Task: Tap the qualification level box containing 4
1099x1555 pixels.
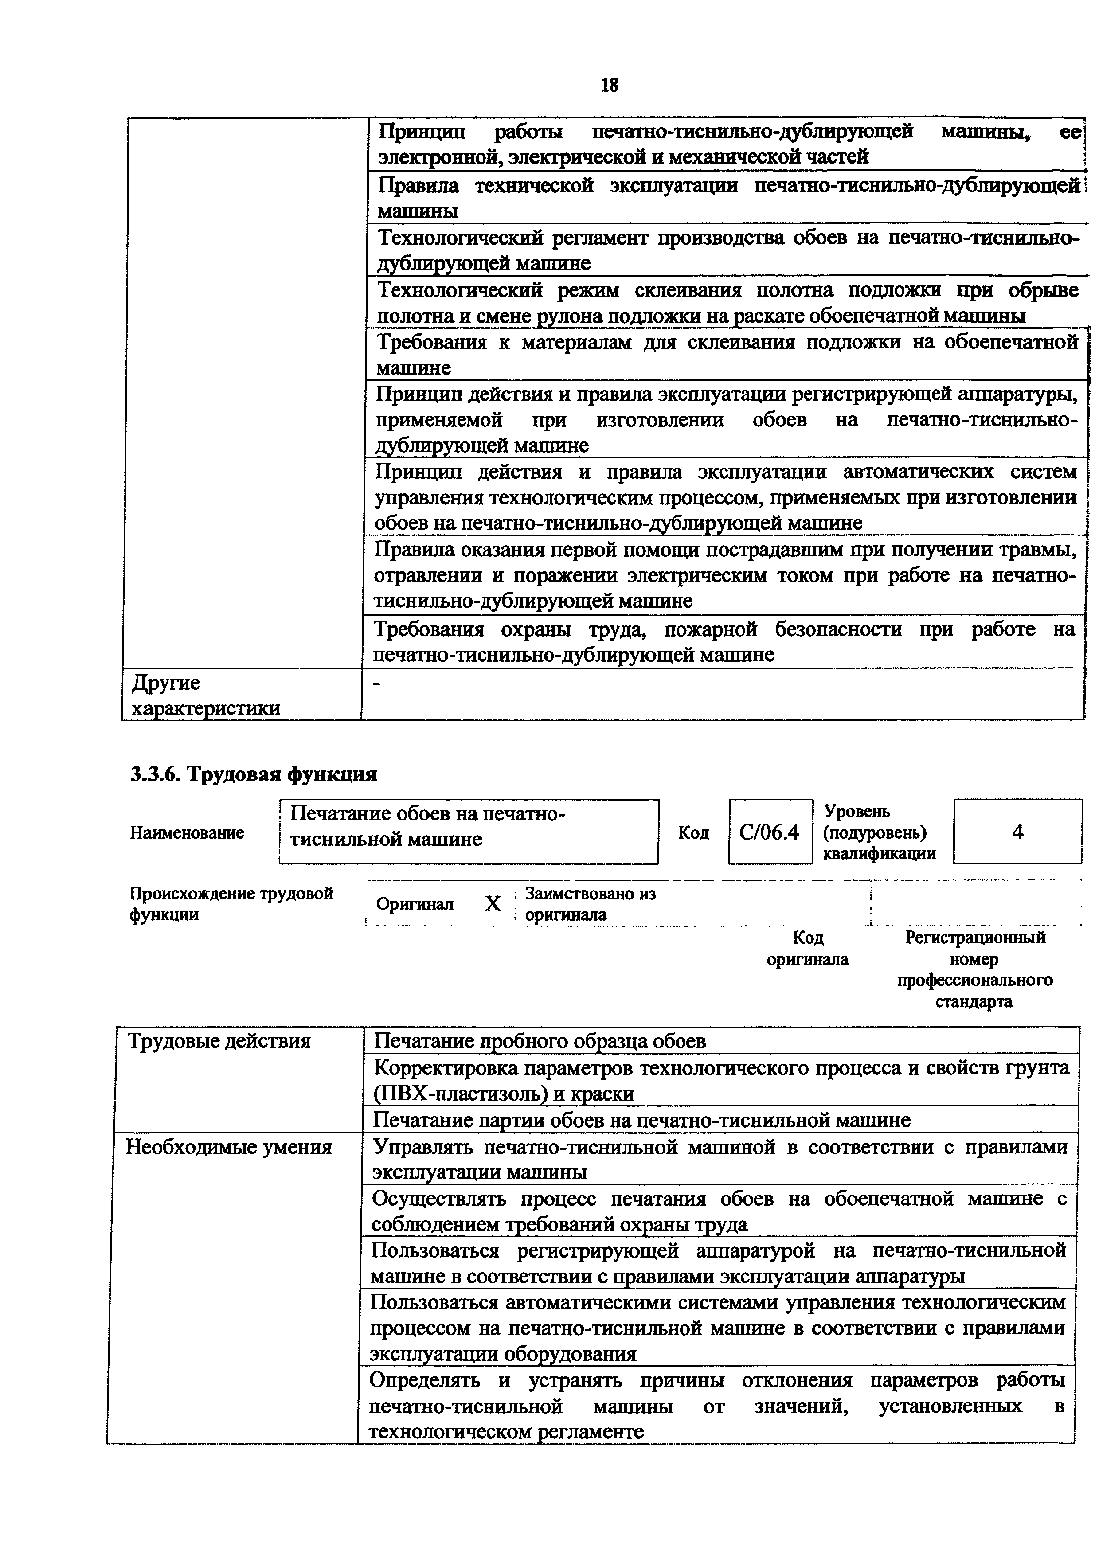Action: (x=1017, y=832)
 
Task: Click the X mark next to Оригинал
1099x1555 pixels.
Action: (x=493, y=903)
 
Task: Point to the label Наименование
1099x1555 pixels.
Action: (x=187, y=832)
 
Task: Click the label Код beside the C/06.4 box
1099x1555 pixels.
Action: (x=693, y=832)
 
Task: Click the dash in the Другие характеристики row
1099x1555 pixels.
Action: (x=378, y=685)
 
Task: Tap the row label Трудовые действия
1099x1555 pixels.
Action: (x=219, y=1041)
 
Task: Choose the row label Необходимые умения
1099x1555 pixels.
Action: (x=229, y=1147)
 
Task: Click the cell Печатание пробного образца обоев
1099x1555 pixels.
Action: (x=540, y=1041)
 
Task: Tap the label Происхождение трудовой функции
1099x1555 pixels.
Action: (x=231, y=903)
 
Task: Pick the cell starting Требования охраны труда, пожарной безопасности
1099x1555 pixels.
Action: (x=724, y=641)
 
